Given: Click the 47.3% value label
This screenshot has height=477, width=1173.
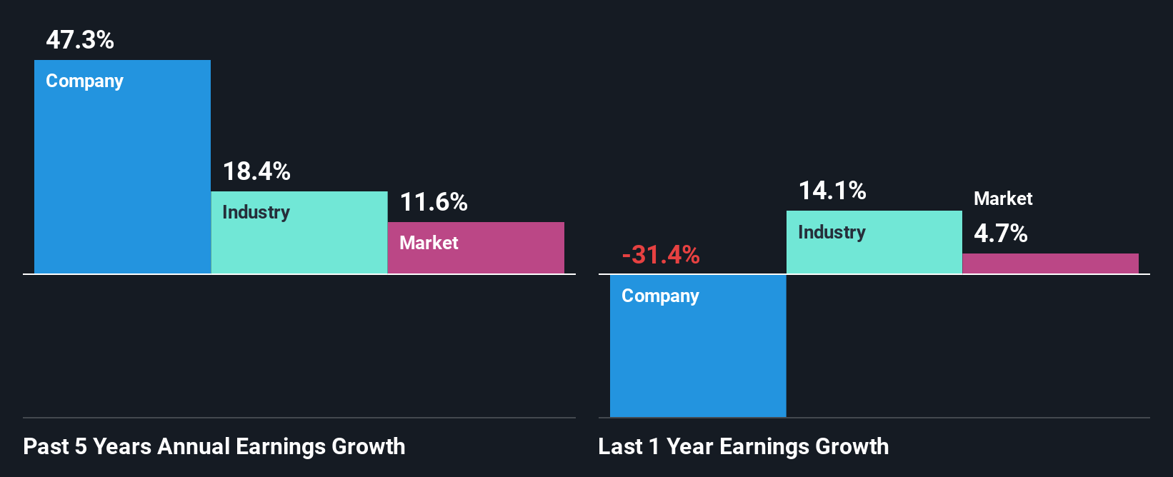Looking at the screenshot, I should [x=80, y=40].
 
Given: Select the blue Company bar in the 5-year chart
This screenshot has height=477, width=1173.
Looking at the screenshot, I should [x=122, y=179].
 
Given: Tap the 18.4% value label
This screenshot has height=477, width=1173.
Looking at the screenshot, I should [x=256, y=171].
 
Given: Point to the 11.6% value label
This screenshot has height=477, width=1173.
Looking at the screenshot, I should [x=434, y=202].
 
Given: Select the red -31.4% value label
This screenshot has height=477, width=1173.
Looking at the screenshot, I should [x=661, y=254].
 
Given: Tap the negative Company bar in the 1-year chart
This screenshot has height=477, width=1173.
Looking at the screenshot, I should [x=698, y=357].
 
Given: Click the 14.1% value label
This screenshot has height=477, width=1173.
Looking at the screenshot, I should [x=832, y=191].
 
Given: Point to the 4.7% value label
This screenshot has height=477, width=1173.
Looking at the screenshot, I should [x=1001, y=234].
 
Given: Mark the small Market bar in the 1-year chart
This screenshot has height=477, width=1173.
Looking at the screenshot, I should [x=1050, y=263].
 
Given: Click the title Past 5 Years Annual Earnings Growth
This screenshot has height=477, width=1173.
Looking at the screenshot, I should [x=214, y=446].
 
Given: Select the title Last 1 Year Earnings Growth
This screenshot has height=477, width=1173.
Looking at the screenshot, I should [x=744, y=446].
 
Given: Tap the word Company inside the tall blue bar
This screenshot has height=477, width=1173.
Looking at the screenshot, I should [x=84, y=81].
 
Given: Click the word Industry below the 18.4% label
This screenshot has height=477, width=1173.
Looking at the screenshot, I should [x=256, y=212].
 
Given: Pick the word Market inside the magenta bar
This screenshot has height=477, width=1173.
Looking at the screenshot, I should [x=429, y=243].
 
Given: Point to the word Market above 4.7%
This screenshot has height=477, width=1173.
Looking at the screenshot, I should [x=1003, y=199].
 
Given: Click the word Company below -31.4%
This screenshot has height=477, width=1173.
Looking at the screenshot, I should [x=660, y=296].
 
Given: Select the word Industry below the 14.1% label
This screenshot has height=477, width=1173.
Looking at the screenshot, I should [x=832, y=232].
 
